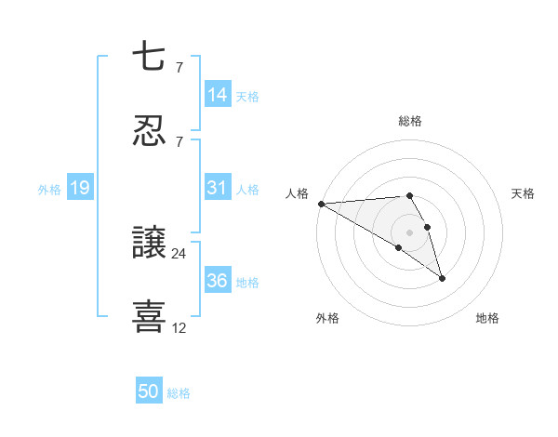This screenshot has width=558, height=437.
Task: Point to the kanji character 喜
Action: tap(150, 316)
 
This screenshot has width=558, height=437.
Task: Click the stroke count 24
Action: tap(179, 253)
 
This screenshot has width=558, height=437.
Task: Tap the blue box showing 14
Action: tap(218, 95)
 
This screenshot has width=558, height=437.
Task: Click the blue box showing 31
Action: tap(218, 188)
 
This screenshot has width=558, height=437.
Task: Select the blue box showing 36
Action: tap(218, 281)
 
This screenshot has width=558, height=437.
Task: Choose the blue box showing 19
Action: tap(80, 189)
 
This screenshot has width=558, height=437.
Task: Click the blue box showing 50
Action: tap(149, 392)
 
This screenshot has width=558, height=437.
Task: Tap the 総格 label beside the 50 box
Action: tap(179, 393)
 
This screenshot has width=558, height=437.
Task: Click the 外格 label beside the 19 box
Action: tap(49, 190)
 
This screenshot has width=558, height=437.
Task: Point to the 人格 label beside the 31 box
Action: tap(247, 189)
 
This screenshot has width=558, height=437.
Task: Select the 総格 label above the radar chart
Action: tap(410, 121)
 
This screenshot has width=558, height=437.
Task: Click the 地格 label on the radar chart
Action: tap(487, 319)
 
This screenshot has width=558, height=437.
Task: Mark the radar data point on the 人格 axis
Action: tap(321, 204)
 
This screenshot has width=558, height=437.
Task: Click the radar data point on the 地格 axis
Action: tap(442, 278)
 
